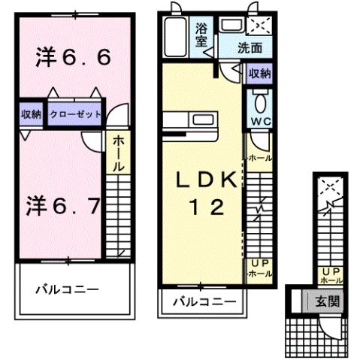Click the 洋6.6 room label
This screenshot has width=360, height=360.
pos(74,57)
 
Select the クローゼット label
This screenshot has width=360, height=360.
pos(74,115)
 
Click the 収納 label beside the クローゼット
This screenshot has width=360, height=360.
pos(31,115)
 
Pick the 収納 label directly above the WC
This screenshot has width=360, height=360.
pos(259,74)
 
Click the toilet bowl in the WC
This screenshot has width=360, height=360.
pos(259,101)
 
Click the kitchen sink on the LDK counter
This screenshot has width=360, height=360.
pos(202,120)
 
